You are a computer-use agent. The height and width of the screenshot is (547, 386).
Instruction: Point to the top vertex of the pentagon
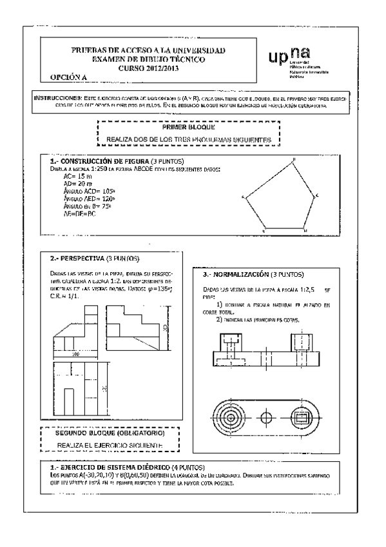[x=294, y=159]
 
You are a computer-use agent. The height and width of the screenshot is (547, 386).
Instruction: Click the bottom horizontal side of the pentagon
[x=284, y=229]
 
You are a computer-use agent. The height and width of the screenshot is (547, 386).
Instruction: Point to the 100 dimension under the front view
[x=76, y=354]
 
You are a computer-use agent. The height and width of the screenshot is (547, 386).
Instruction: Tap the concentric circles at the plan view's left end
[x=230, y=419]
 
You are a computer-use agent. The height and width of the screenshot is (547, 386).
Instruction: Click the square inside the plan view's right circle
[x=300, y=419]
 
